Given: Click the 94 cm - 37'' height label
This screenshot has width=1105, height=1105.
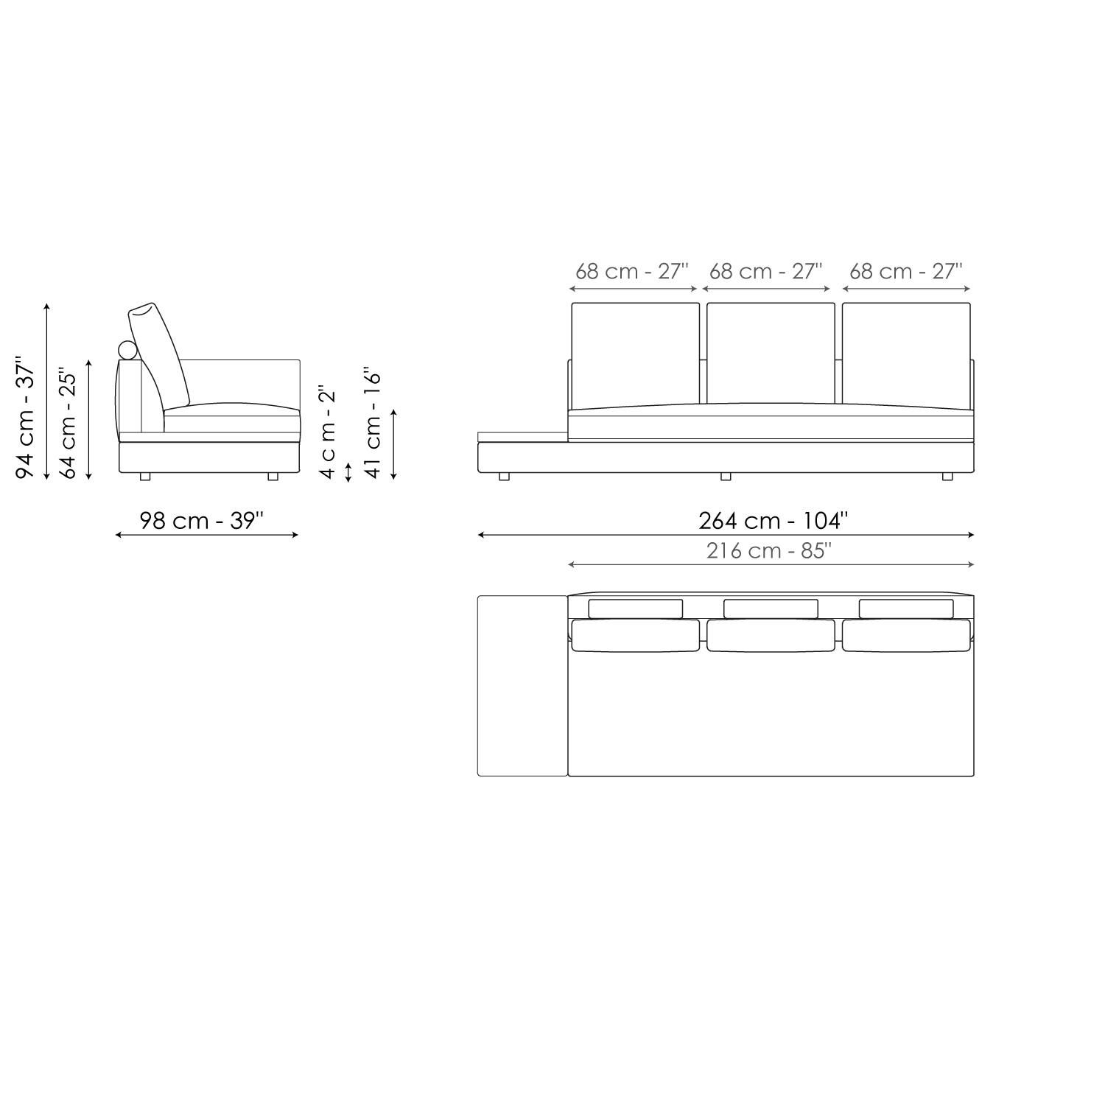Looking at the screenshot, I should coord(26,418).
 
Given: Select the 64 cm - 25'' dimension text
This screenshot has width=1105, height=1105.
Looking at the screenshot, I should coord(68,423).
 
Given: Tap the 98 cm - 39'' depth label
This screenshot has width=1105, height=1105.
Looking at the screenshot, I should coord(201,521).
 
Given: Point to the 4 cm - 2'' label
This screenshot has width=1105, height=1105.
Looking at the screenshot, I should coord(328,432).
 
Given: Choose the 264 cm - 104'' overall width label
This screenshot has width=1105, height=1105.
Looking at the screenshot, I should coord(773,521).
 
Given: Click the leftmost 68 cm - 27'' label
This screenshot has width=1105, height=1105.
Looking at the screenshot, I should coord(631,271).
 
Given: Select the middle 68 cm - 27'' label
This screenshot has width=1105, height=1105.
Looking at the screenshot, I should coord(765,271).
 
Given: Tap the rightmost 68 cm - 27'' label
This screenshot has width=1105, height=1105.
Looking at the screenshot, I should coord(905,271).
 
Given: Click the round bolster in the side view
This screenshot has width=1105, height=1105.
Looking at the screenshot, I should coord(128,350).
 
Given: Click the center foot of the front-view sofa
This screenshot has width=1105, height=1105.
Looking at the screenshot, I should coord(726,477).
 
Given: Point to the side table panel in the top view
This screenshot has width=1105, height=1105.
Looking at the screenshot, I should coord(522,685).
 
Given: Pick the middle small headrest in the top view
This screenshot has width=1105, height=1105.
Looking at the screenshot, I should coord(771,608).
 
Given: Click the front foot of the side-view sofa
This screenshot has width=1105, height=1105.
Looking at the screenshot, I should coord(273,477).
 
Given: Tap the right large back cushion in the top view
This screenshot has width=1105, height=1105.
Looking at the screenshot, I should coord(906,636).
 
